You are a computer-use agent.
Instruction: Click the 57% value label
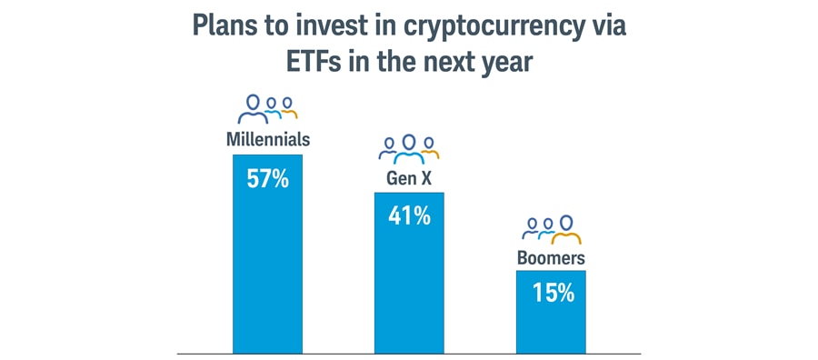click(x=268, y=179)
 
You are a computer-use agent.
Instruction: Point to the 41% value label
click(x=409, y=216)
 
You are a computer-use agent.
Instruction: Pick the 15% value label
click(x=551, y=294)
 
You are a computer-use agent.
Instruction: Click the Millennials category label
click(x=268, y=140)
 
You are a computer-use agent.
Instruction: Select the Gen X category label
click(x=409, y=178)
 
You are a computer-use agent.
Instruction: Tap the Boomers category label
click(x=551, y=257)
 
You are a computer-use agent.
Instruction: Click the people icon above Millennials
click(x=268, y=108)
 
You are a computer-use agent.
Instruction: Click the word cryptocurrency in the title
click(x=485, y=26)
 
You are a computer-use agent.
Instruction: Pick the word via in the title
click(x=605, y=26)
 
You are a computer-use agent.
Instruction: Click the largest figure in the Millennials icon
click(x=254, y=108)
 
